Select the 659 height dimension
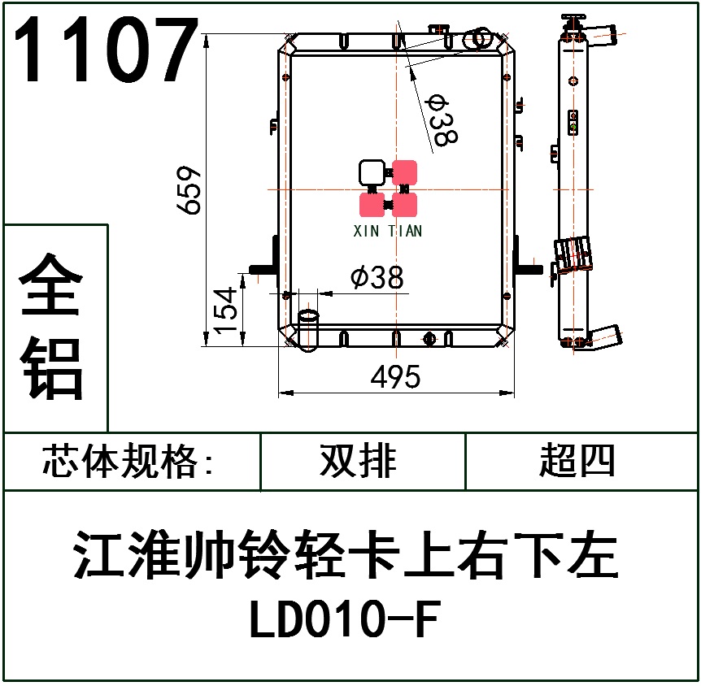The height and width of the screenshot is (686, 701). pos(189,190)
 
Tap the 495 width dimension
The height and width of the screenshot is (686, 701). pos(395,377)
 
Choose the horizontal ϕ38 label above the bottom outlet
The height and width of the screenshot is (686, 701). pos(377,278)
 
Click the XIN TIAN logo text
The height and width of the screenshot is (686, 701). pos(388,231)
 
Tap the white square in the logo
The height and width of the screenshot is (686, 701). pos(372,172)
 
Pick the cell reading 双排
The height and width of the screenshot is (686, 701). pos(359,462)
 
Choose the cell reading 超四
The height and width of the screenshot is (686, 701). pos(577,462)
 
